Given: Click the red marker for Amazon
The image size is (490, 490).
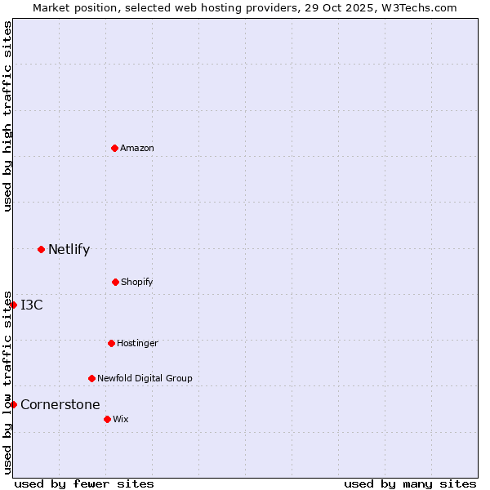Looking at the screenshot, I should point(114,148).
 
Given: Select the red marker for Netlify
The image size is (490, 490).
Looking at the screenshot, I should point(41,249).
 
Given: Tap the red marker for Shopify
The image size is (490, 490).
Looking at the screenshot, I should point(115,282).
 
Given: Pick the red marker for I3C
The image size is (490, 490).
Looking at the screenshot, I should point(13,305).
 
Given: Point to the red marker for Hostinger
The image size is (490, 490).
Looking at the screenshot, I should point(111,343).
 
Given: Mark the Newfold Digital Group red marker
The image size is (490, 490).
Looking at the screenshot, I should point(91,378).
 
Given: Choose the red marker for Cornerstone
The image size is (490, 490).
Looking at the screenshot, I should point(13,404).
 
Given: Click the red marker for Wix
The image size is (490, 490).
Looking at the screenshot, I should point(107,419).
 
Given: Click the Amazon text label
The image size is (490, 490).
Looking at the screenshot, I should point(137,148).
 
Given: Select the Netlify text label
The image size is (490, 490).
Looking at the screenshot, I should point(69,249).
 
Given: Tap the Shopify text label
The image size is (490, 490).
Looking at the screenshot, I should point(137,282).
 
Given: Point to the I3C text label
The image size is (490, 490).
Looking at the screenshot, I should point(32,305).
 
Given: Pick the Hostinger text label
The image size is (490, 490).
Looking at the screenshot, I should point(137,343).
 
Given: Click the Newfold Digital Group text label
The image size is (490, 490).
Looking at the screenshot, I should point(145,378).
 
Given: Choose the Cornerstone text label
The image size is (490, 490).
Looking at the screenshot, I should point(60,404).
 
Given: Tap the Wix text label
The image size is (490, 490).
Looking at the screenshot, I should point(121,419).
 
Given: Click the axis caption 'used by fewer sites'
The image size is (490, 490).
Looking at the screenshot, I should point(84,483).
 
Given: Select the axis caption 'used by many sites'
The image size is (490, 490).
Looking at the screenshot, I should point(410,483).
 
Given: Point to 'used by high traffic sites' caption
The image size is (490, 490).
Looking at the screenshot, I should point(7,116).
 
